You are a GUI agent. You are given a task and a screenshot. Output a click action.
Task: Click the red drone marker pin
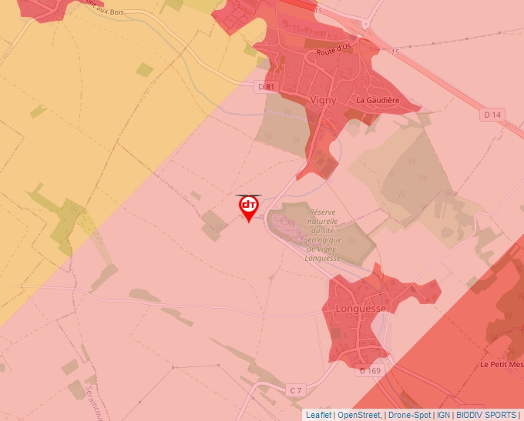249,208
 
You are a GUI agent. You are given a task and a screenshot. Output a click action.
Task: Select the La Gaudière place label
377,100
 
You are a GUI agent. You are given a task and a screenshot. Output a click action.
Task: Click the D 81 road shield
265,87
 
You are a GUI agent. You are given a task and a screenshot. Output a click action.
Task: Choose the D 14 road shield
492,115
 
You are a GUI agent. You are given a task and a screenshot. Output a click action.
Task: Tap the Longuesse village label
361,308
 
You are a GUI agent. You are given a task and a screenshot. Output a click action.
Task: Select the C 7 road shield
295,391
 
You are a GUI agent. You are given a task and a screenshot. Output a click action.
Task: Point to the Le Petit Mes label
501,364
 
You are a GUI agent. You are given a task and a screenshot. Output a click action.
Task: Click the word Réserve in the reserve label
324,212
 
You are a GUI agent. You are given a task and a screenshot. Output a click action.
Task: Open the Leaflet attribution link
319,415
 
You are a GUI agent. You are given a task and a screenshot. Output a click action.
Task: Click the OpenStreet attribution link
359,415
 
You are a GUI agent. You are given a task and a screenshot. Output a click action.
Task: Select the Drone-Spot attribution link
409,415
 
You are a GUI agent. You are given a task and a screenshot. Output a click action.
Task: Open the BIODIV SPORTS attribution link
487,415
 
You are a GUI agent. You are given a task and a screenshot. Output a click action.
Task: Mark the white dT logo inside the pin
249,205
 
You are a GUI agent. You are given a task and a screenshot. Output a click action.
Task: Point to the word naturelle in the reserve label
324,221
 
